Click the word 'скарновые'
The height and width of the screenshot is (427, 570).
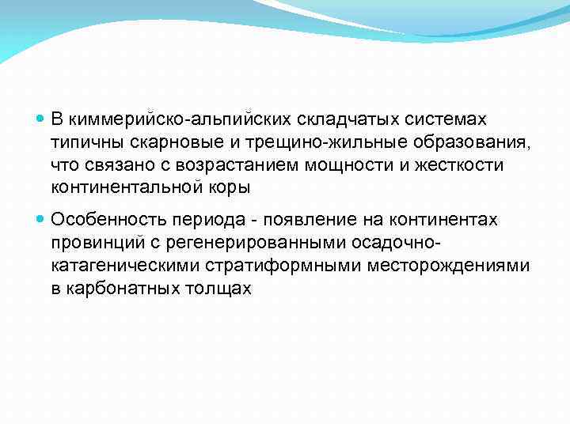coord(168,142)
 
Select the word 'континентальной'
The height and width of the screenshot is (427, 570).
coord(125,188)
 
